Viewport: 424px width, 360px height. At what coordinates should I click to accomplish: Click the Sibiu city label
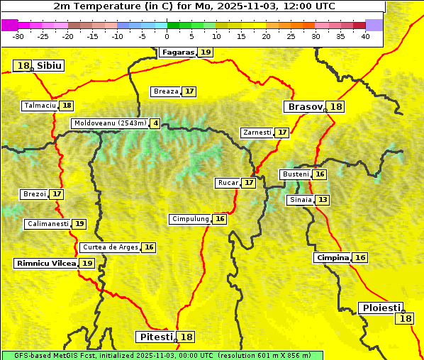coord(50,66)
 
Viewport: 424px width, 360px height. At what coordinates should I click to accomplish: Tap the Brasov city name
coord(304,107)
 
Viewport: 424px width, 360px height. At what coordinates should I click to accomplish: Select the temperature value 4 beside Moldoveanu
coord(155,123)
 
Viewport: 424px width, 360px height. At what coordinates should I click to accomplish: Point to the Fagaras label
coord(177,52)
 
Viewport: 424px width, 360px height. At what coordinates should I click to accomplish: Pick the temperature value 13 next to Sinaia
coord(323,200)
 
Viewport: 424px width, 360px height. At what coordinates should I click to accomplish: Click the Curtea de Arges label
coord(110,247)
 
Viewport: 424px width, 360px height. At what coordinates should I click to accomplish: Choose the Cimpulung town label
coord(190,219)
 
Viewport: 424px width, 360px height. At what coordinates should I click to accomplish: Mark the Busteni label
coord(295,174)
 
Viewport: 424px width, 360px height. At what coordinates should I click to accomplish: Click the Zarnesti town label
coord(257,133)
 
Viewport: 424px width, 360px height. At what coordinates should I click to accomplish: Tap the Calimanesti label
coord(48,224)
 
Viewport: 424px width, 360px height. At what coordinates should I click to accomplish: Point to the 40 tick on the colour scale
coord(365,36)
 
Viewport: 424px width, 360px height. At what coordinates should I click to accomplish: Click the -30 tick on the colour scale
coord(18,36)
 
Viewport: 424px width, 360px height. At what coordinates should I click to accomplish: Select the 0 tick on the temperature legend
coord(167,36)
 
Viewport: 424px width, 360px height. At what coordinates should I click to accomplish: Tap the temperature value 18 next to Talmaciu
coord(67,106)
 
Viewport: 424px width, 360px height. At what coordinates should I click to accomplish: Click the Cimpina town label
coord(333,258)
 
